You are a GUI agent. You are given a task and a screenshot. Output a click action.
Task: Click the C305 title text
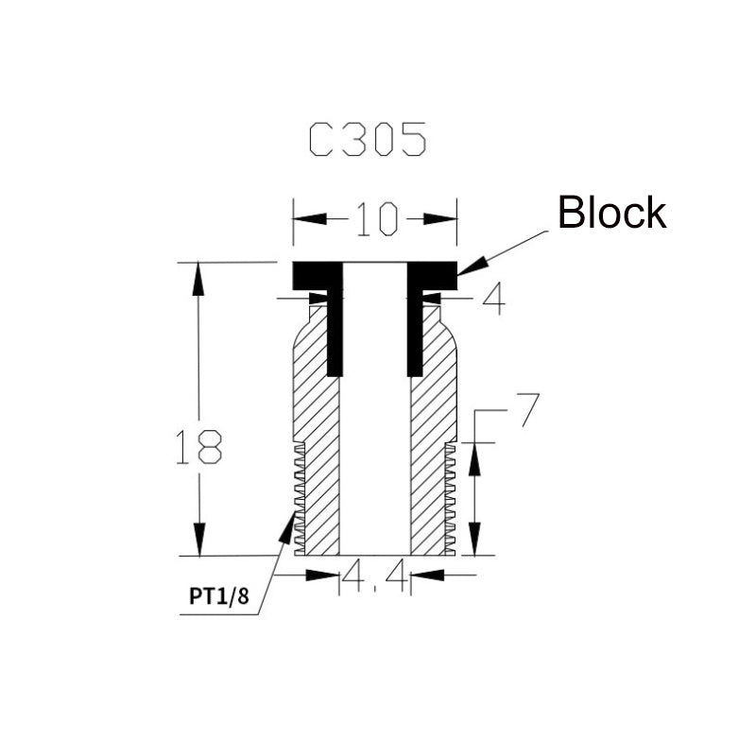click(368, 141)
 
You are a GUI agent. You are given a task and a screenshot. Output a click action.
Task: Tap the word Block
click(611, 214)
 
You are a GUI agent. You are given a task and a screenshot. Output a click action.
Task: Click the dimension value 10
click(374, 219)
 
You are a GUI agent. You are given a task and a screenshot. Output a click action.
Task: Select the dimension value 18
click(198, 447)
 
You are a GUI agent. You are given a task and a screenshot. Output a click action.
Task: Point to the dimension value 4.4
click(375, 576)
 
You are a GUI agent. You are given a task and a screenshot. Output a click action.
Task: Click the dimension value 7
click(528, 410)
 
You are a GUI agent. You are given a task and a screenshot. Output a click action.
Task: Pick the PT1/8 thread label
click(217, 596)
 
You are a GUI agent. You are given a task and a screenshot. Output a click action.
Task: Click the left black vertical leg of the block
click(335, 331)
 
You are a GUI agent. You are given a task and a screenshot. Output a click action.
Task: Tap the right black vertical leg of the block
click(415, 331)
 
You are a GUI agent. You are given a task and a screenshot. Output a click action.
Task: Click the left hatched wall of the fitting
click(318, 425)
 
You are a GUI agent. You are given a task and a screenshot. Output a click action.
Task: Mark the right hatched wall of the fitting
click(430, 425)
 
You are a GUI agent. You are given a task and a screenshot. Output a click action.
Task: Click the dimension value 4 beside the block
click(492, 300)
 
